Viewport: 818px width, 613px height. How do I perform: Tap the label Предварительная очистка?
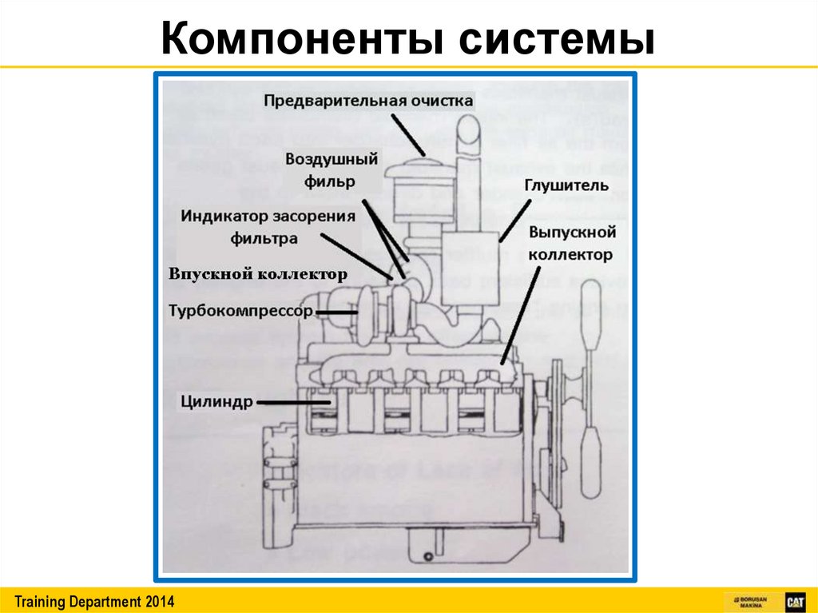click(x=368, y=102)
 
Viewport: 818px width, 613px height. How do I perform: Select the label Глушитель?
click(x=567, y=186)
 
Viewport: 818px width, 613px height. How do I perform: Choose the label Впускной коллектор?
click(x=258, y=274)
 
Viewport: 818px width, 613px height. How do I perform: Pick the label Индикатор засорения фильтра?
click(x=267, y=227)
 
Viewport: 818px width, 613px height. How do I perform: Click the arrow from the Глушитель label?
click(x=515, y=219)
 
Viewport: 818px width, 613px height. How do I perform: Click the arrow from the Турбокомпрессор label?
click(x=336, y=312)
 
